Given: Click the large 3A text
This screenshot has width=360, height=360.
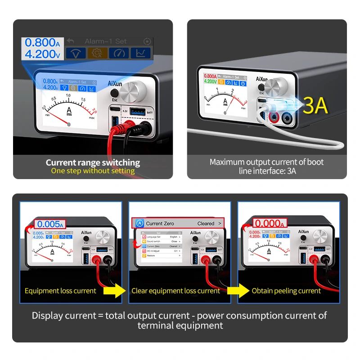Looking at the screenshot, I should click(315, 106).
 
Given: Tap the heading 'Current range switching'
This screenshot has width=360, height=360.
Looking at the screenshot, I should click(93, 162).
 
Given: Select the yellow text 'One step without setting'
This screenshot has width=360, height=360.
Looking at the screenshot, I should click(93, 171).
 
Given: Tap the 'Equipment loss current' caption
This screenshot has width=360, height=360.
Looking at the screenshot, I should click(60, 291).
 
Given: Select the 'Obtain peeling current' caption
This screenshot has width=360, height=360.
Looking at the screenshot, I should click(286, 291).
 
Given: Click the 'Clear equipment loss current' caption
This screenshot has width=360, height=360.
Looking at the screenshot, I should click(175, 291).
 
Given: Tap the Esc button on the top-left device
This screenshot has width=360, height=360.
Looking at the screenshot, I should click(114, 93).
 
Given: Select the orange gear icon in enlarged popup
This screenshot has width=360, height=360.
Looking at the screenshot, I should click(97, 54).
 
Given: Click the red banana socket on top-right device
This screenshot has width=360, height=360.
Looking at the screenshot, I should click(273, 117).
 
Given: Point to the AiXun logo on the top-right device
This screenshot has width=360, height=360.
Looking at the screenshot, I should click(262, 79).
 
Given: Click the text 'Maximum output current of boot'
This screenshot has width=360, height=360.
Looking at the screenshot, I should click(266, 162).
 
